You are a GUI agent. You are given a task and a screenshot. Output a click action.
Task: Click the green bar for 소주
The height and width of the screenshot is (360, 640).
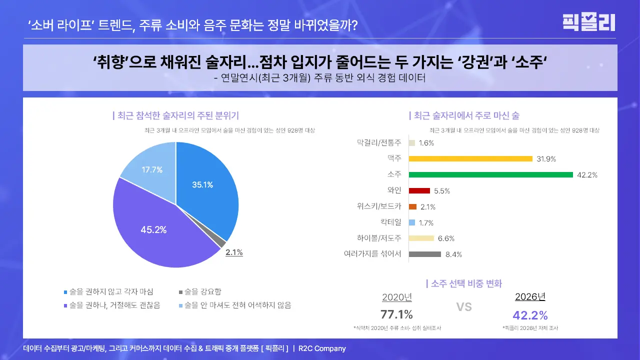coord(490,174)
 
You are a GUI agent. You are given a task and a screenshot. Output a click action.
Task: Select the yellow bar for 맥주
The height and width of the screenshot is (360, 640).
coord(470,158)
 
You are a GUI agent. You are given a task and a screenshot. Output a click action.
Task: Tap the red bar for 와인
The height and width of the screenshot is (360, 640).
coord(419,190)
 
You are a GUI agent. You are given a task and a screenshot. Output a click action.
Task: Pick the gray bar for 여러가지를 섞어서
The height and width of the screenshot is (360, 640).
coord(424,254)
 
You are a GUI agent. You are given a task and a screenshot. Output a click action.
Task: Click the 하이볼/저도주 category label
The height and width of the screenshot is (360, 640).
coord(379,238)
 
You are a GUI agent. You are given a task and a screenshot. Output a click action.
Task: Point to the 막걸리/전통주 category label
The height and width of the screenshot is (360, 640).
coord(379,142)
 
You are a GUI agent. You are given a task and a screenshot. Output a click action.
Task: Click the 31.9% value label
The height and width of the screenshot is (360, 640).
coord(546,159)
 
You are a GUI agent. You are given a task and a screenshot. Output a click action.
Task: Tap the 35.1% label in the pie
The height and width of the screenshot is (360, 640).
coord(202,184)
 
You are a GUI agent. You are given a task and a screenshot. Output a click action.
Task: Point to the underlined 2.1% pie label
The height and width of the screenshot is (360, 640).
coord(234,252)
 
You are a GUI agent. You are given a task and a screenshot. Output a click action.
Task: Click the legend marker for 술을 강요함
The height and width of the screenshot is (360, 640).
coord(181,292)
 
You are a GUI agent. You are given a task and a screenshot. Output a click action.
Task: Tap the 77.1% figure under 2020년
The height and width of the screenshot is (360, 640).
coord(396,314)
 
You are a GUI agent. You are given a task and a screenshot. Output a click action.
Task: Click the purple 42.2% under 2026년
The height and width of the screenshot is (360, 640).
coord(530,315)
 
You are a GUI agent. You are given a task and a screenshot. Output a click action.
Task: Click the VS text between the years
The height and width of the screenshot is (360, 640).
coord(463,306)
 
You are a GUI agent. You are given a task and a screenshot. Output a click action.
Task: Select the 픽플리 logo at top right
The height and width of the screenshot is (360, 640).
coord(588,22)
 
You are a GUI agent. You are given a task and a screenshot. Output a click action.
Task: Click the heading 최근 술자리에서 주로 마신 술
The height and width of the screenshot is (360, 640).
coord(465,115)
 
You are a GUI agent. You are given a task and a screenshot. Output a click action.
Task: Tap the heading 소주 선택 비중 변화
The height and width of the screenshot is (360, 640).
coord(465,283)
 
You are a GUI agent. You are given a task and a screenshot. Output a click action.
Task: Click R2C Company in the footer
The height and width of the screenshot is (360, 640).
coord(322,348)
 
